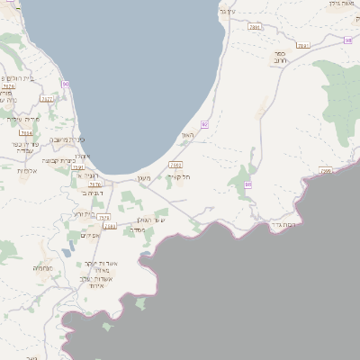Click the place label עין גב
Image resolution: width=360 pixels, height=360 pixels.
(x=227, y=11)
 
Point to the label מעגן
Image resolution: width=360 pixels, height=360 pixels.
(x=143, y=177)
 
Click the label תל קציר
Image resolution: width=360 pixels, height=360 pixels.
(x=179, y=176)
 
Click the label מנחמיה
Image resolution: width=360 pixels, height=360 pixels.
(x=42, y=268)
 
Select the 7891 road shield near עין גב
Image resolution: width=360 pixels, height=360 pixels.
(x=255, y=28)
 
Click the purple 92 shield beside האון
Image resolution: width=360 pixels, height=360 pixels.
(x=205, y=124)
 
